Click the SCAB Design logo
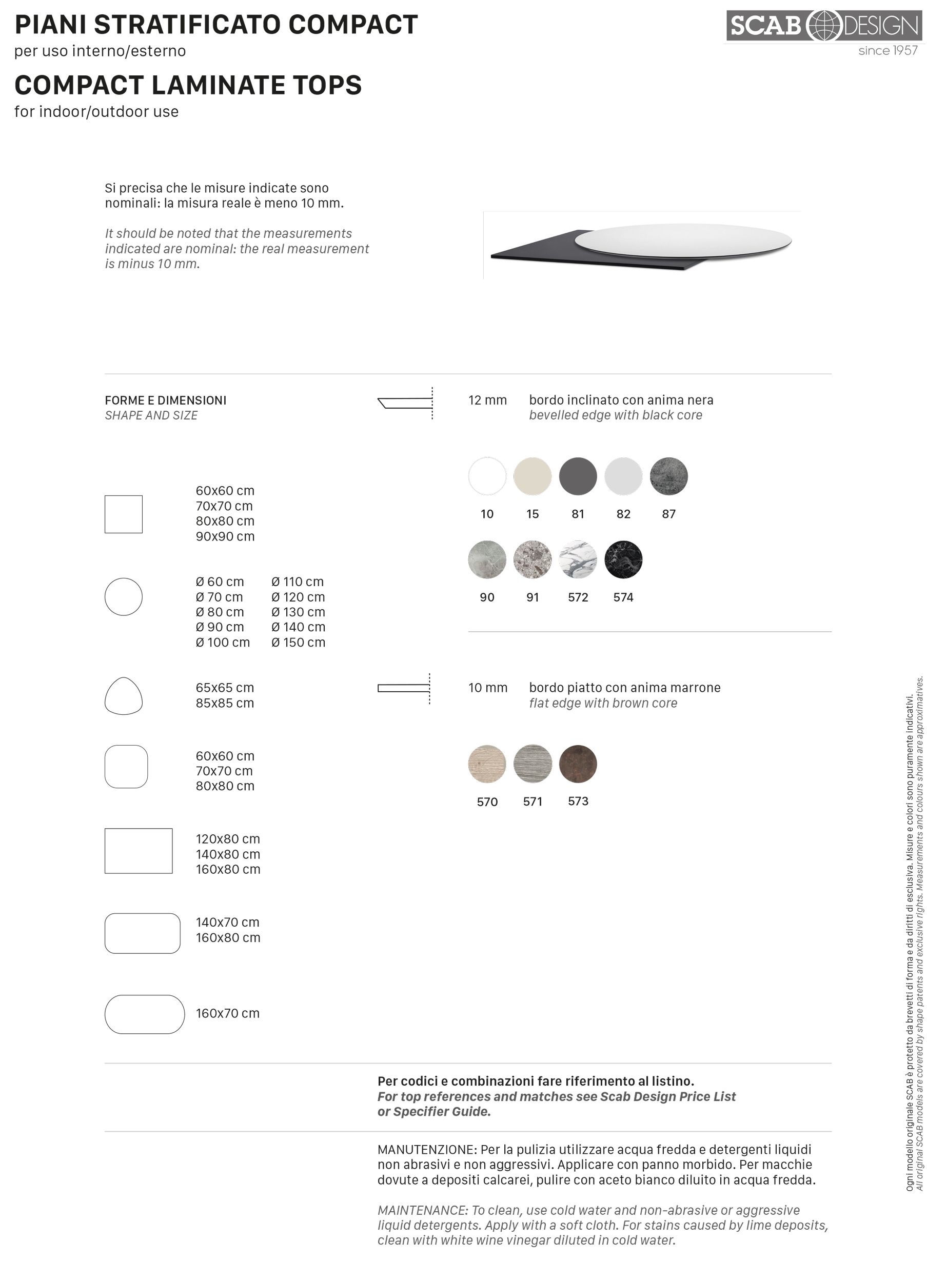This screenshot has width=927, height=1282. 823,26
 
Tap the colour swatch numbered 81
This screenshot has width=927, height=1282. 578,476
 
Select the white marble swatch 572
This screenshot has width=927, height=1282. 578,559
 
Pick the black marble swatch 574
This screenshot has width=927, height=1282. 623,559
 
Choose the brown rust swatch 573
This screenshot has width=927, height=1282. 578,763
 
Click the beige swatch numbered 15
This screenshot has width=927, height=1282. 532,476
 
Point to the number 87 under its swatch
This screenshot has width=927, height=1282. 668,514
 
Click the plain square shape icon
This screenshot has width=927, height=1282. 123,514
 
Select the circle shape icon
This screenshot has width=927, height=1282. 123,596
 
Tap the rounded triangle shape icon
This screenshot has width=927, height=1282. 123,696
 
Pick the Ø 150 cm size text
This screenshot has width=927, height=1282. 298,642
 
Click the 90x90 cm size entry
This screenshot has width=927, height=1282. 225,536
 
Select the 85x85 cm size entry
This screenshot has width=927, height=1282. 225,703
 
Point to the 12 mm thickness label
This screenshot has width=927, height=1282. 487,400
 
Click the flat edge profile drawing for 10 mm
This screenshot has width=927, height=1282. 403,688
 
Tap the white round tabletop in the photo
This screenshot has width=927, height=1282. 682,239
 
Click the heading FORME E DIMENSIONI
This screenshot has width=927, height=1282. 165,400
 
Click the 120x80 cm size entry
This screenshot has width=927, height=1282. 227,839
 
